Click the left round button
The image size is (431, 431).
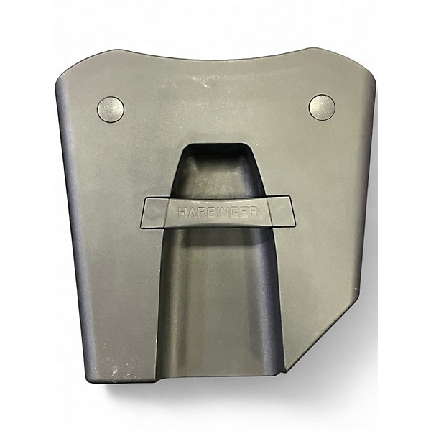click(x=111, y=109)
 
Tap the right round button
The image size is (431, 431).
click(x=322, y=108)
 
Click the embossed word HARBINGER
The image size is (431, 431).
click(x=218, y=213)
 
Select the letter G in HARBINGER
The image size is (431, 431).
click(x=236, y=213)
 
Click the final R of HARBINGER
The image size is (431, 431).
click(x=254, y=212)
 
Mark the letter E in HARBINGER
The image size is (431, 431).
click(x=244, y=213)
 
